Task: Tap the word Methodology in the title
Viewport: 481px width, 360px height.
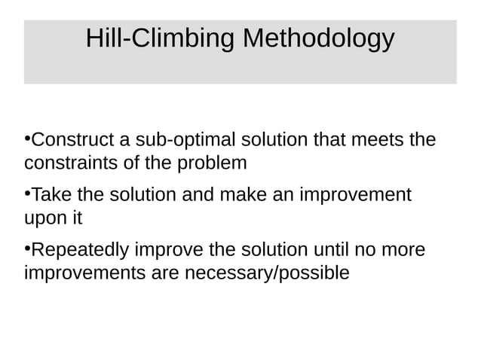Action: click(x=318, y=38)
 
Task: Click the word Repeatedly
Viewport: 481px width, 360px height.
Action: click(x=84, y=250)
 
